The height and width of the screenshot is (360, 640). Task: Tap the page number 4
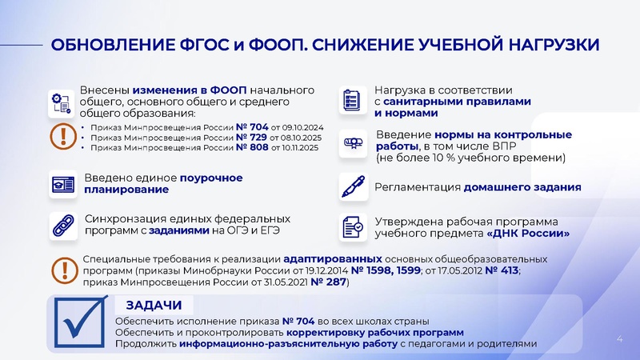[619, 341]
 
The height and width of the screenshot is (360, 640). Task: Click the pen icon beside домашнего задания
[352, 186]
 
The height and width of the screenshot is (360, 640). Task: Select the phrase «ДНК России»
[528, 234]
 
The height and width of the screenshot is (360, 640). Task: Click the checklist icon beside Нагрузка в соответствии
[351, 100]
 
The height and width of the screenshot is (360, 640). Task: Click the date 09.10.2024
[295, 126]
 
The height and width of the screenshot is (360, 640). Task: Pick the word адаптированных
[334, 259]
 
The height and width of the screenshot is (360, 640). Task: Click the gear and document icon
[62, 102]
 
